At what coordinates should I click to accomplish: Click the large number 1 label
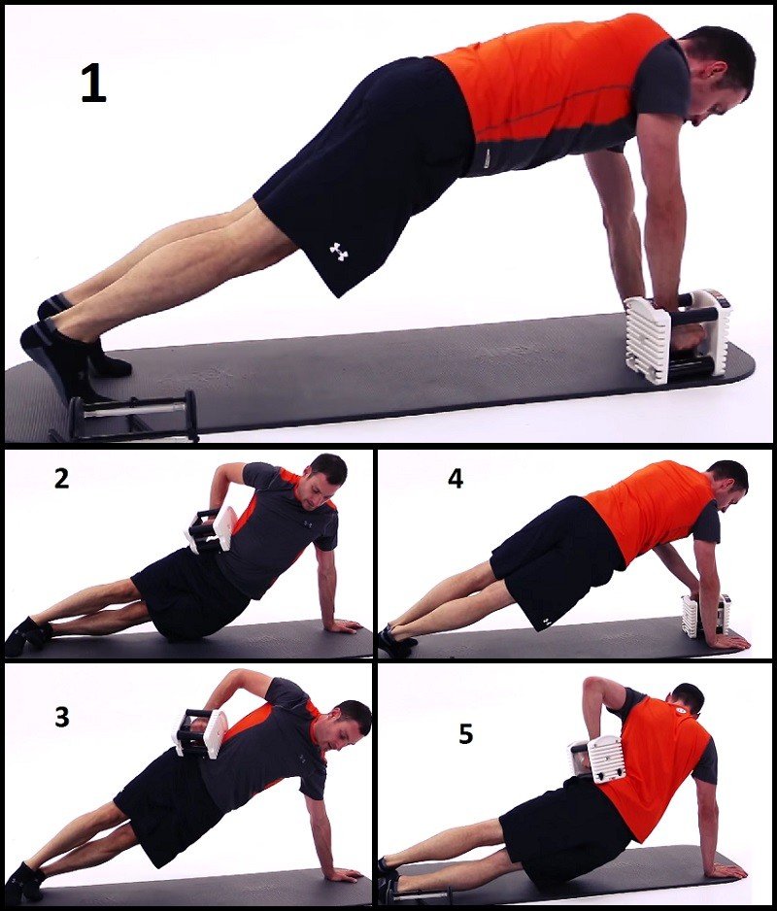pyautogui.click(x=93, y=84)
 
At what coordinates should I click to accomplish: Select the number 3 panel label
pyautogui.click(x=62, y=717)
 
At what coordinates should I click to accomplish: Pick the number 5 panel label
pyautogui.click(x=465, y=734)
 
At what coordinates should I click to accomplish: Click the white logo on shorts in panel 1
pyautogui.click(x=338, y=252)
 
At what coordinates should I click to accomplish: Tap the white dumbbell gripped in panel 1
pyautogui.click(x=679, y=336)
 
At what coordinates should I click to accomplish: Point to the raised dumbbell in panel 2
pyautogui.click(x=212, y=529)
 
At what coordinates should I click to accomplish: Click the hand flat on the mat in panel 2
pyautogui.click(x=342, y=625)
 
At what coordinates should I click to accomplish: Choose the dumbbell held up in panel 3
pyautogui.click(x=199, y=732)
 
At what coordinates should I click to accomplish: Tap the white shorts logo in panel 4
pyautogui.click(x=546, y=624)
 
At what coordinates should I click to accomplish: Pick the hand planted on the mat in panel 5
pyautogui.click(x=726, y=870)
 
